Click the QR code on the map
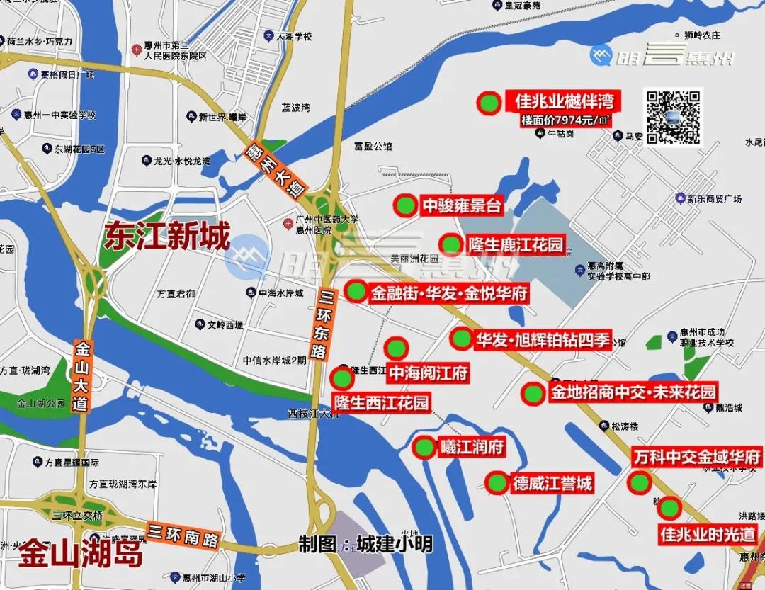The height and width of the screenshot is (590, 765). click(x=673, y=117)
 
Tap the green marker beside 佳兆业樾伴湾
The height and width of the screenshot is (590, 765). click(x=488, y=104)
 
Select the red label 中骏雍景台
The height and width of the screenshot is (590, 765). click(x=462, y=206)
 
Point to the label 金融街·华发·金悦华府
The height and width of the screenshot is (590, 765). click(x=449, y=293)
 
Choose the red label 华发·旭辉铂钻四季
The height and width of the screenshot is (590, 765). click(x=543, y=341)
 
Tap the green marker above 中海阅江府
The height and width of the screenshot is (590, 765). click(x=396, y=348)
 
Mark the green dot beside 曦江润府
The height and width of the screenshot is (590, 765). click(x=424, y=448)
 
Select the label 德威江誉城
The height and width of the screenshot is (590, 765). click(x=552, y=484)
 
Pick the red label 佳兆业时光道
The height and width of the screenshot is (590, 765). click(x=708, y=534)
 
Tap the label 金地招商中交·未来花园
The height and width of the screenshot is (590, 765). click(x=633, y=392)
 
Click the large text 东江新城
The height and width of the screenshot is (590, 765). click(x=167, y=237)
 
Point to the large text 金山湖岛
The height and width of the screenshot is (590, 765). click(x=80, y=554)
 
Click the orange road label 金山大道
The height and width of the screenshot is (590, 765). click(x=84, y=376)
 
